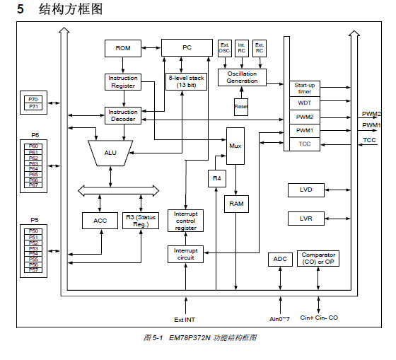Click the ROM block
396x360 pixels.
pos(123,48)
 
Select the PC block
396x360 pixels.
pos(187,47)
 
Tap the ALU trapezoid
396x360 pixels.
pos(110,153)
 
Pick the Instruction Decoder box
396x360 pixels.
pos(123,115)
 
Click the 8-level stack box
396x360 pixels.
pos(187,81)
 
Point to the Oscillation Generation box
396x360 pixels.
pos(242,77)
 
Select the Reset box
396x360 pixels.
pos(241,107)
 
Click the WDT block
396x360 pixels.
pos(305,103)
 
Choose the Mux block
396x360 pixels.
pos(235,146)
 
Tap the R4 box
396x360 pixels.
pos(217,179)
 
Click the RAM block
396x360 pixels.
pos(236,204)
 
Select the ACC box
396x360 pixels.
pos(100,221)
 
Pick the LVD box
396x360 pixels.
pos(306,190)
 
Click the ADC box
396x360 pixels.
pos(280,259)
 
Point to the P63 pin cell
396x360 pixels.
pos(33,163)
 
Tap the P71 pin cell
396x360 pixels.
pos(33,106)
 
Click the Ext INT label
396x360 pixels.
pos(185,320)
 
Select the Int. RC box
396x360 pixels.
pos(242,48)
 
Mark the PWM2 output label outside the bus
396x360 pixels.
pos(371,114)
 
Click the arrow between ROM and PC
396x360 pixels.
pos(151,47)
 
